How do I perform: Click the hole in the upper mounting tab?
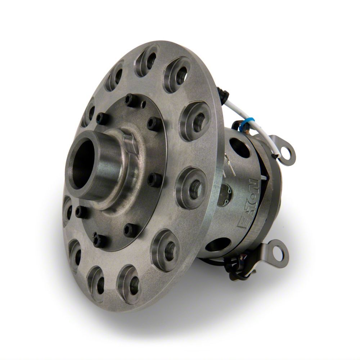(288, 151)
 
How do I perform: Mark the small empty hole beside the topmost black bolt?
(143, 105)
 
